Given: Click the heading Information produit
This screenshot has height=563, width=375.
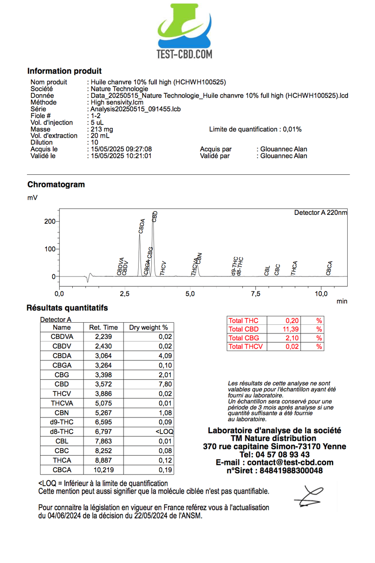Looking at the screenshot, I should (64, 71).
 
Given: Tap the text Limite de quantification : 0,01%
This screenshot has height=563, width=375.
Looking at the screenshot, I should (255, 129).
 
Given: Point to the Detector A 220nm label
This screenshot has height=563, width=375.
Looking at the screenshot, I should (320, 213).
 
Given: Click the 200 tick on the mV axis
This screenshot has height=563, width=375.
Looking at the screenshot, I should (50, 221).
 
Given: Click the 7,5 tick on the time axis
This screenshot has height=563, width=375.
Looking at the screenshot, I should (255, 294).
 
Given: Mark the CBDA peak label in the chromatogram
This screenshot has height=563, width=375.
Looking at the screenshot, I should (142, 228).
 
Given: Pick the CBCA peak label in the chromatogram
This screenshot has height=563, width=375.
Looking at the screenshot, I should (329, 268).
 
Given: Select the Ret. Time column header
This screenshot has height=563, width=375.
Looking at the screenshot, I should (103, 328).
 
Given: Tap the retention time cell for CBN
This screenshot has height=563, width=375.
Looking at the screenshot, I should (103, 413).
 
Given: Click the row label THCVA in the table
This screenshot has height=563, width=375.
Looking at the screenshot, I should (62, 403).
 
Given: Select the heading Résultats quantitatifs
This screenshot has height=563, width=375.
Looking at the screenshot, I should (67, 308).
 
